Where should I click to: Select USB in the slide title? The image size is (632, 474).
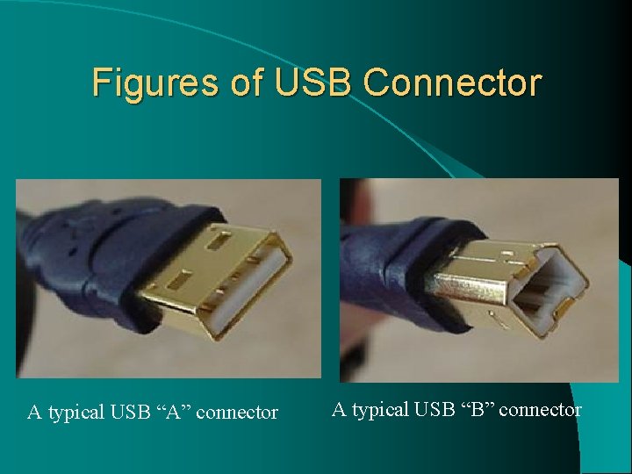(x=313, y=83)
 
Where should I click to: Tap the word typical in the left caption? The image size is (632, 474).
(x=77, y=413)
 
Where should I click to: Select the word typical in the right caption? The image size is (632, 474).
(x=381, y=410)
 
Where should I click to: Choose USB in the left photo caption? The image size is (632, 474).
(x=133, y=412)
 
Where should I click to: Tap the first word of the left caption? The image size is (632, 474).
(x=34, y=412)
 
